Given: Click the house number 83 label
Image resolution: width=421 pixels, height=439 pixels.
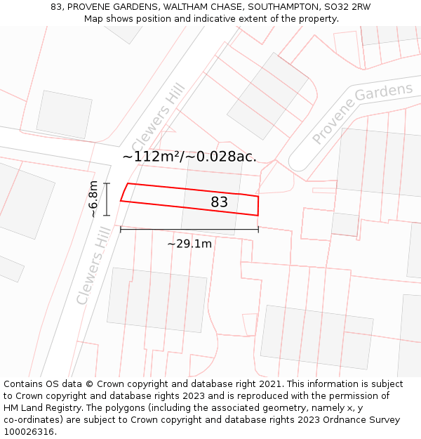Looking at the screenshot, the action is pos(219,202).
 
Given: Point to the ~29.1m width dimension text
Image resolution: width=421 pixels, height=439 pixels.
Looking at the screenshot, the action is pos(189,244).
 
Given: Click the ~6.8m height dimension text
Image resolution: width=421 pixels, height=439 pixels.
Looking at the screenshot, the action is pos(93,199).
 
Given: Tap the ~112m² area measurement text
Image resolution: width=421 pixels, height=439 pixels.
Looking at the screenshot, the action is pos(152,157).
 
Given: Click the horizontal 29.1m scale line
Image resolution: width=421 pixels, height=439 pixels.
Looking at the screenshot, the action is pos(189,229).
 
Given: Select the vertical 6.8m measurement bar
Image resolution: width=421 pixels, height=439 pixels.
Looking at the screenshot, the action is pos(107,199).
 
